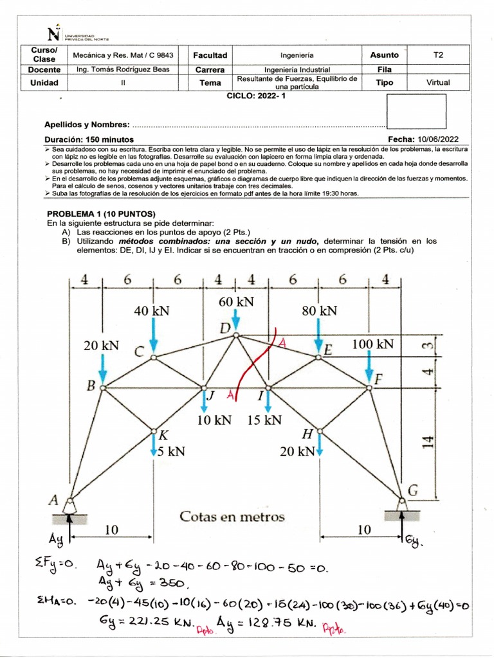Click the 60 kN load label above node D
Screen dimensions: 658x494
[x=236, y=301]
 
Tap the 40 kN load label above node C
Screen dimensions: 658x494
[x=152, y=310]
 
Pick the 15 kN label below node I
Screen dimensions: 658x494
[x=264, y=420]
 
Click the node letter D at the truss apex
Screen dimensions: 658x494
[x=225, y=329]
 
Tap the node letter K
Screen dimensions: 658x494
[x=164, y=436]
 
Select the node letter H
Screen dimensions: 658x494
[x=307, y=435]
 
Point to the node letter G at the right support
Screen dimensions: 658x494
[x=412, y=490]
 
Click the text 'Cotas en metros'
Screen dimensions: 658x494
[x=232, y=517]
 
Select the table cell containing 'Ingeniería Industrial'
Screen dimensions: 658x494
[x=297, y=69]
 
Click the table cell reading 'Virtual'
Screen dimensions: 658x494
[x=438, y=82]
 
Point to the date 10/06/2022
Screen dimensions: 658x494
[x=437, y=139]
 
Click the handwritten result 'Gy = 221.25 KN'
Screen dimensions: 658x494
[x=141, y=622]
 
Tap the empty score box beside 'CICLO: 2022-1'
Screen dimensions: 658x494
[x=416, y=111]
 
